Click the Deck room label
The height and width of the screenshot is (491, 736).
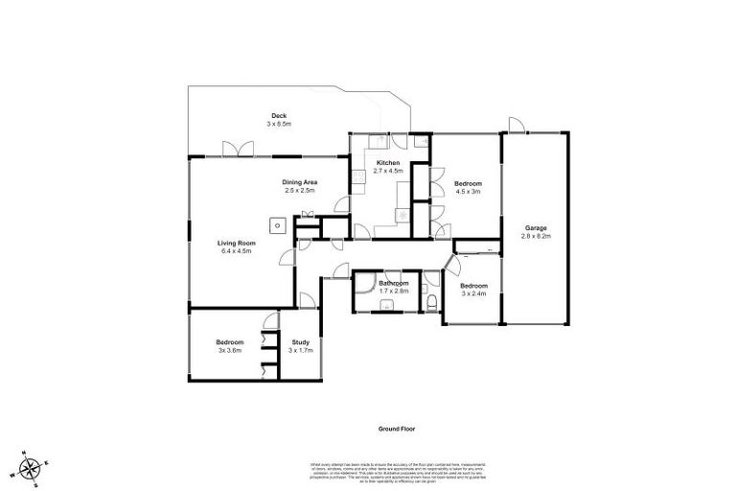(278, 115)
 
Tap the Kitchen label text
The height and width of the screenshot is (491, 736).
(387, 163)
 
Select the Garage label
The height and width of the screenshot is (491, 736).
(535, 227)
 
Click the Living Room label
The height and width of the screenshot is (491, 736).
(235, 244)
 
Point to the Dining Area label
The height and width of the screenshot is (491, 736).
(300, 182)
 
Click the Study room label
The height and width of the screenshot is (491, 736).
(300, 342)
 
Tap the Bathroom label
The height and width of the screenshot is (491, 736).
(393, 284)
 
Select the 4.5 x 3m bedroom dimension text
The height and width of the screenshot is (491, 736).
(468, 192)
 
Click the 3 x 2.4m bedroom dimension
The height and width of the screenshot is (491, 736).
(473, 293)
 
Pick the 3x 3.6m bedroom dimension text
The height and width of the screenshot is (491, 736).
(229, 351)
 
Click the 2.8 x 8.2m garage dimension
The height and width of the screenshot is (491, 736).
(535, 235)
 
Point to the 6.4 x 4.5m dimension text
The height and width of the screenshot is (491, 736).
(235, 251)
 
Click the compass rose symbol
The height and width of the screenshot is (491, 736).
(32, 468)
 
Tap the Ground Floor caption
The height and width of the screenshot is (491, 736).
(394, 429)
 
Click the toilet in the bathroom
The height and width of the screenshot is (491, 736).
(432, 303)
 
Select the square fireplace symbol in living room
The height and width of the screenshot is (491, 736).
(277, 226)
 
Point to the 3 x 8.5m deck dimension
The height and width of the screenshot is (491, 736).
(278, 124)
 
